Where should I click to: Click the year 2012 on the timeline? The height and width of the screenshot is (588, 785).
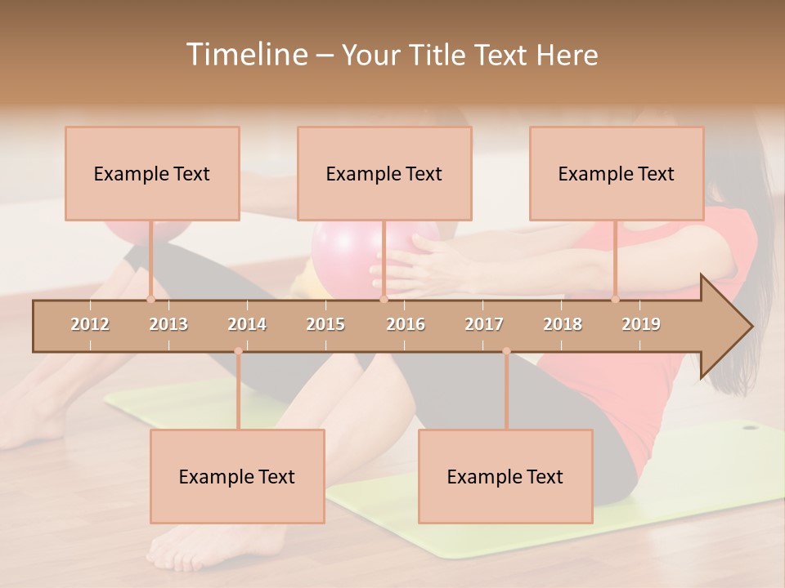pyautogui.click(x=90, y=324)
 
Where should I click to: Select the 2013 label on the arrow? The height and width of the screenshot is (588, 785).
pyautogui.click(x=168, y=324)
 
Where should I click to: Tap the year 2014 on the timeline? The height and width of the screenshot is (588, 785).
pyautogui.click(x=247, y=324)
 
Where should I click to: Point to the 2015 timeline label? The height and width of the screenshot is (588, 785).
pyautogui.click(x=325, y=324)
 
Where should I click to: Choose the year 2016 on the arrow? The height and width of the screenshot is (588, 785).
pyautogui.click(x=406, y=324)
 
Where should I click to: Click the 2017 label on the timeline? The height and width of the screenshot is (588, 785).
pyautogui.click(x=484, y=324)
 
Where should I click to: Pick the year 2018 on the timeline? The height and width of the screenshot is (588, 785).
pyautogui.click(x=563, y=324)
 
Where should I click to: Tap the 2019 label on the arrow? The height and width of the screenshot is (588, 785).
pyautogui.click(x=641, y=324)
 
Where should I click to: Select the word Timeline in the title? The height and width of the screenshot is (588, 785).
pyautogui.click(x=245, y=55)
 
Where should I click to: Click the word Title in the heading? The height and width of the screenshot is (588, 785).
pyautogui.click(x=440, y=55)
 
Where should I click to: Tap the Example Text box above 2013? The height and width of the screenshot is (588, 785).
pyautogui.click(x=152, y=174)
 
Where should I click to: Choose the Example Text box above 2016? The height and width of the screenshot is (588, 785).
pyautogui.click(x=384, y=174)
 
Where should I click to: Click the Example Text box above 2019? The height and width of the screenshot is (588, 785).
pyautogui.click(x=617, y=174)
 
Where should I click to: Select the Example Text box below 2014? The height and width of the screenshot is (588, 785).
pyautogui.click(x=237, y=476)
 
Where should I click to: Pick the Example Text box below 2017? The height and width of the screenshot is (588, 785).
pyautogui.click(x=505, y=476)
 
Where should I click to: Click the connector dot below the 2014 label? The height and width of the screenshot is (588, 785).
pyautogui.click(x=238, y=351)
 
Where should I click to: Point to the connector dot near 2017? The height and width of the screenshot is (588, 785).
pyautogui.click(x=506, y=351)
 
